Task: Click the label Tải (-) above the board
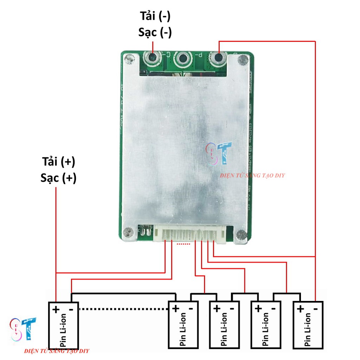[155, 17]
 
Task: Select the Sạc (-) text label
[155, 32]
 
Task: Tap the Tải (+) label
[58, 162]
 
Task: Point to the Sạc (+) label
[58, 178]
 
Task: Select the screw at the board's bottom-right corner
[241, 235]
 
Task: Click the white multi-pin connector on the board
[189, 234]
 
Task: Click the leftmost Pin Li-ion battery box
[63, 325]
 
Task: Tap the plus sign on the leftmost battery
[56, 309]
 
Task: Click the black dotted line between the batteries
[123, 309]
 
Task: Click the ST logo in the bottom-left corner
[23, 329]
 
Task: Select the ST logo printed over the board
[219, 153]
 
